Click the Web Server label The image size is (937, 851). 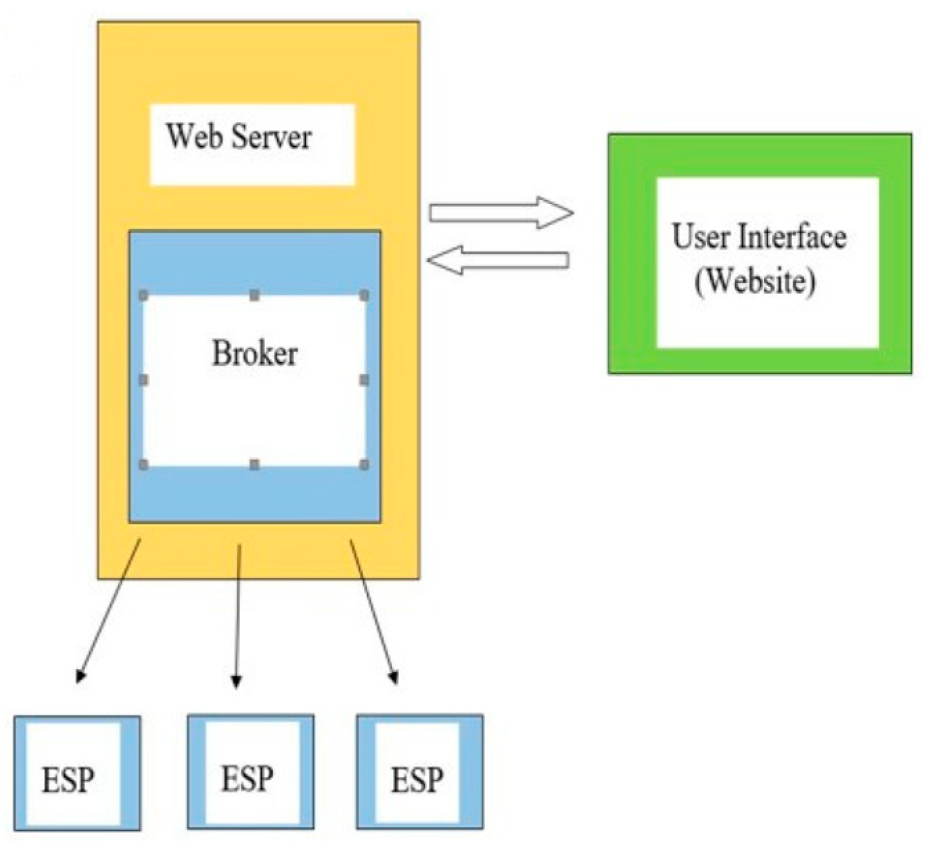pos(239,136)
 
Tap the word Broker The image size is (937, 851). pos(254,354)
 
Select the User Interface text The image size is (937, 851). pos(759,237)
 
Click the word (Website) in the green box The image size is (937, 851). pos(755,281)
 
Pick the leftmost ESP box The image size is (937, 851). pos(77,773)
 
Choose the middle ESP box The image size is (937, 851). pos(250,772)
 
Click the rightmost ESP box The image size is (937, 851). pos(420,772)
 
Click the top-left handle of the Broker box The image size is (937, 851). pos(144,295)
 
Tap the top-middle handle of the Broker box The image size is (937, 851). pos(254,295)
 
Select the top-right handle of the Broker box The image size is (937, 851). pos(364,295)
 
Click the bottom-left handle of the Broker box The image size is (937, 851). pos(144,464)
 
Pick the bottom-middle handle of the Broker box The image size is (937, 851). pos(254,464)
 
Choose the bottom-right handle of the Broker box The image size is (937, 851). pos(364,464)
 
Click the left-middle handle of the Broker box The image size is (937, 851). pos(144,380)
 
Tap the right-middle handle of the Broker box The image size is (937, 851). pos(364,380)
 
